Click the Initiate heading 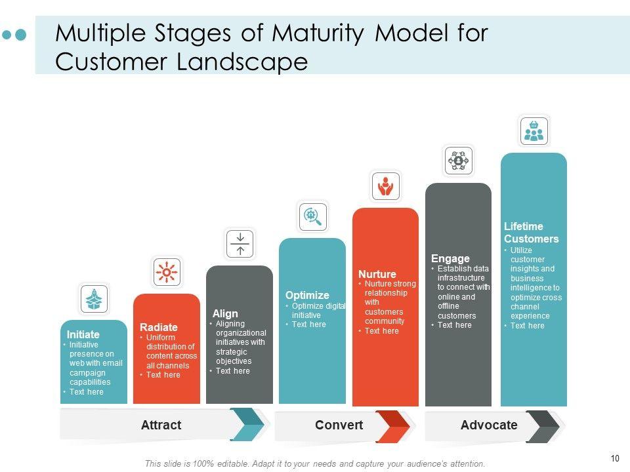point(83,334)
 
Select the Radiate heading point(159,327)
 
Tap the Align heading point(225,313)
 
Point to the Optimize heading point(307,295)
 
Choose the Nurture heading point(377,274)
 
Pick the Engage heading point(450,258)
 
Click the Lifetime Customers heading point(532,233)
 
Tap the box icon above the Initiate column point(94,300)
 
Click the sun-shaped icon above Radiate point(167,272)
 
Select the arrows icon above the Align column point(240,244)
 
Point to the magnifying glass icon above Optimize point(313,216)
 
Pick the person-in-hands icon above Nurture point(386,186)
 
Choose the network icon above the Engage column point(459,161)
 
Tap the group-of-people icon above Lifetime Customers point(534,131)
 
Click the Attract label point(161,425)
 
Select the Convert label point(339,425)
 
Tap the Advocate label point(489,425)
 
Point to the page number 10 point(615,459)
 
